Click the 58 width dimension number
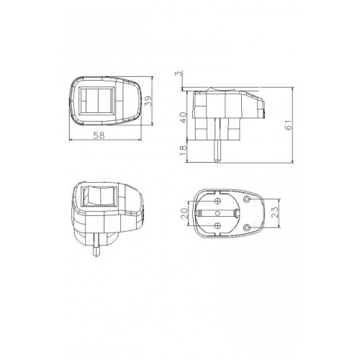(99, 135)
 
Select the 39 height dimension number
(149, 101)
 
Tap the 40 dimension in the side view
(184, 117)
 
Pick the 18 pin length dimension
(184, 150)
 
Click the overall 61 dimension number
(289, 125)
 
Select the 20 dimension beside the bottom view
(184, 213)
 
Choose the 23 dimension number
(275, 212)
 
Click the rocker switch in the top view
(97, 101)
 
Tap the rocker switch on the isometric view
(99, 196)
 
